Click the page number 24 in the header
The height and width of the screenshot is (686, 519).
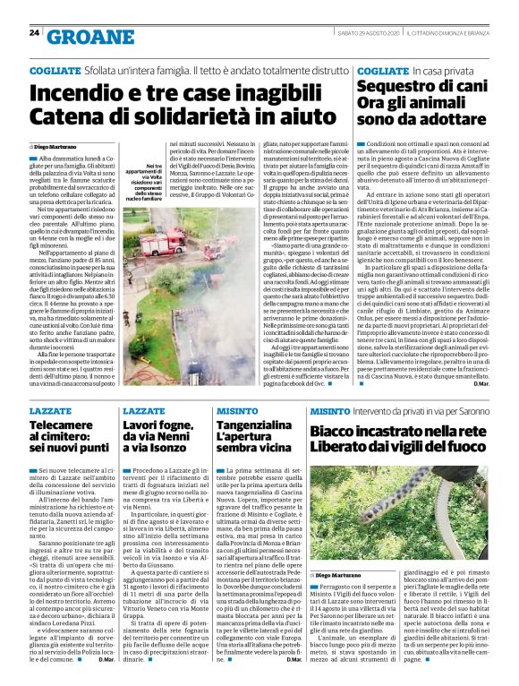[x=33, y=33]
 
